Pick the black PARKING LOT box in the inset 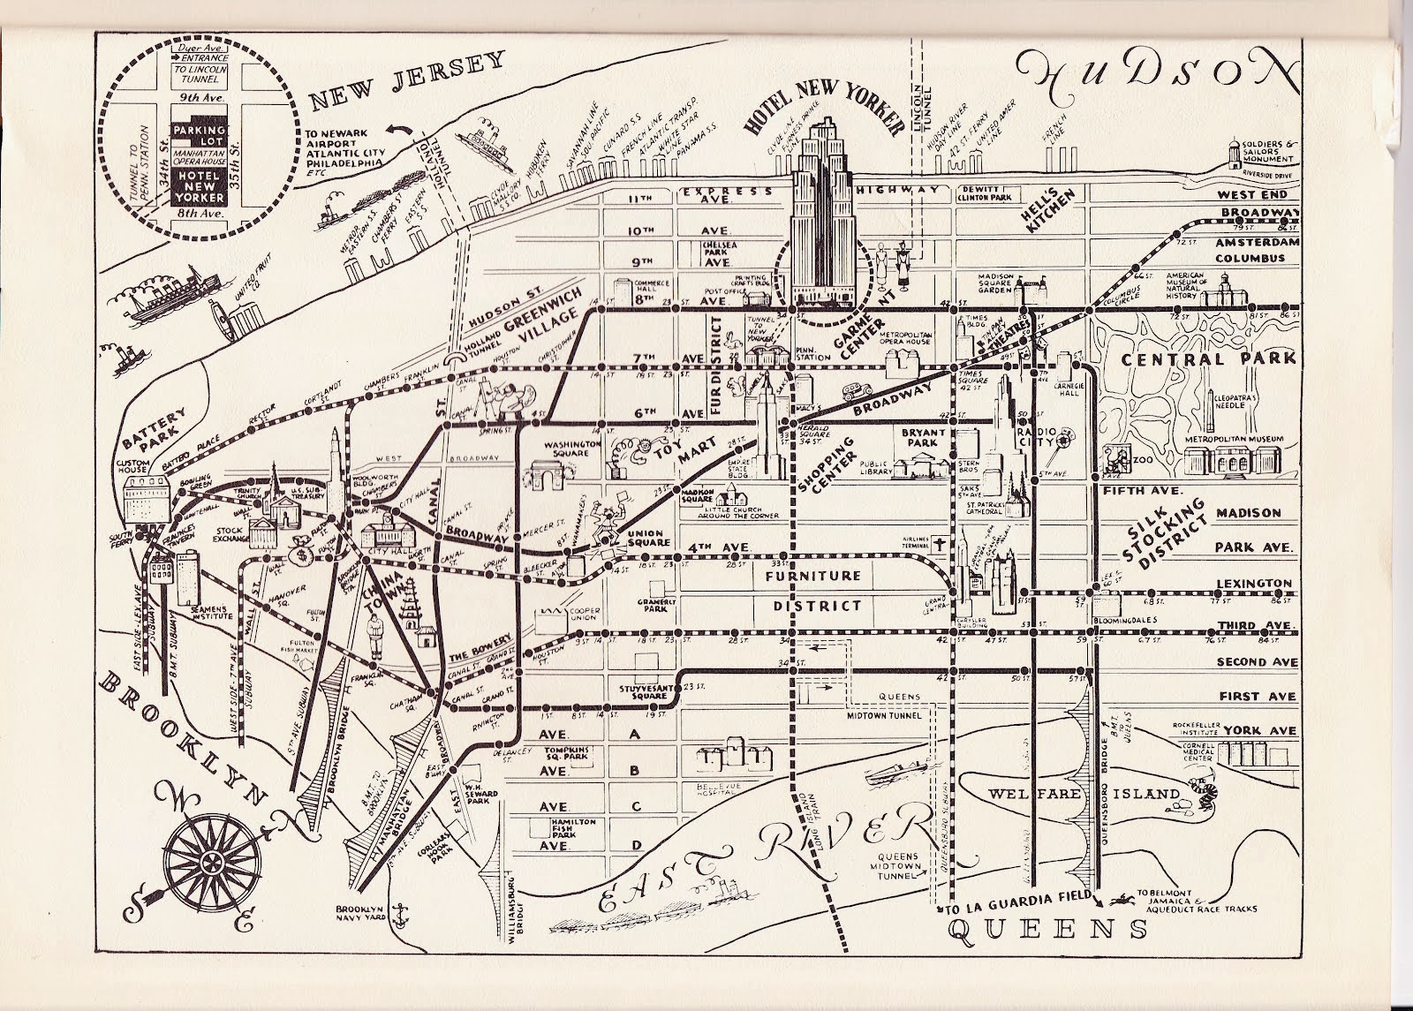coord(199,132)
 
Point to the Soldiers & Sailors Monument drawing coord(1236,152)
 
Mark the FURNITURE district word coord(812,575)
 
